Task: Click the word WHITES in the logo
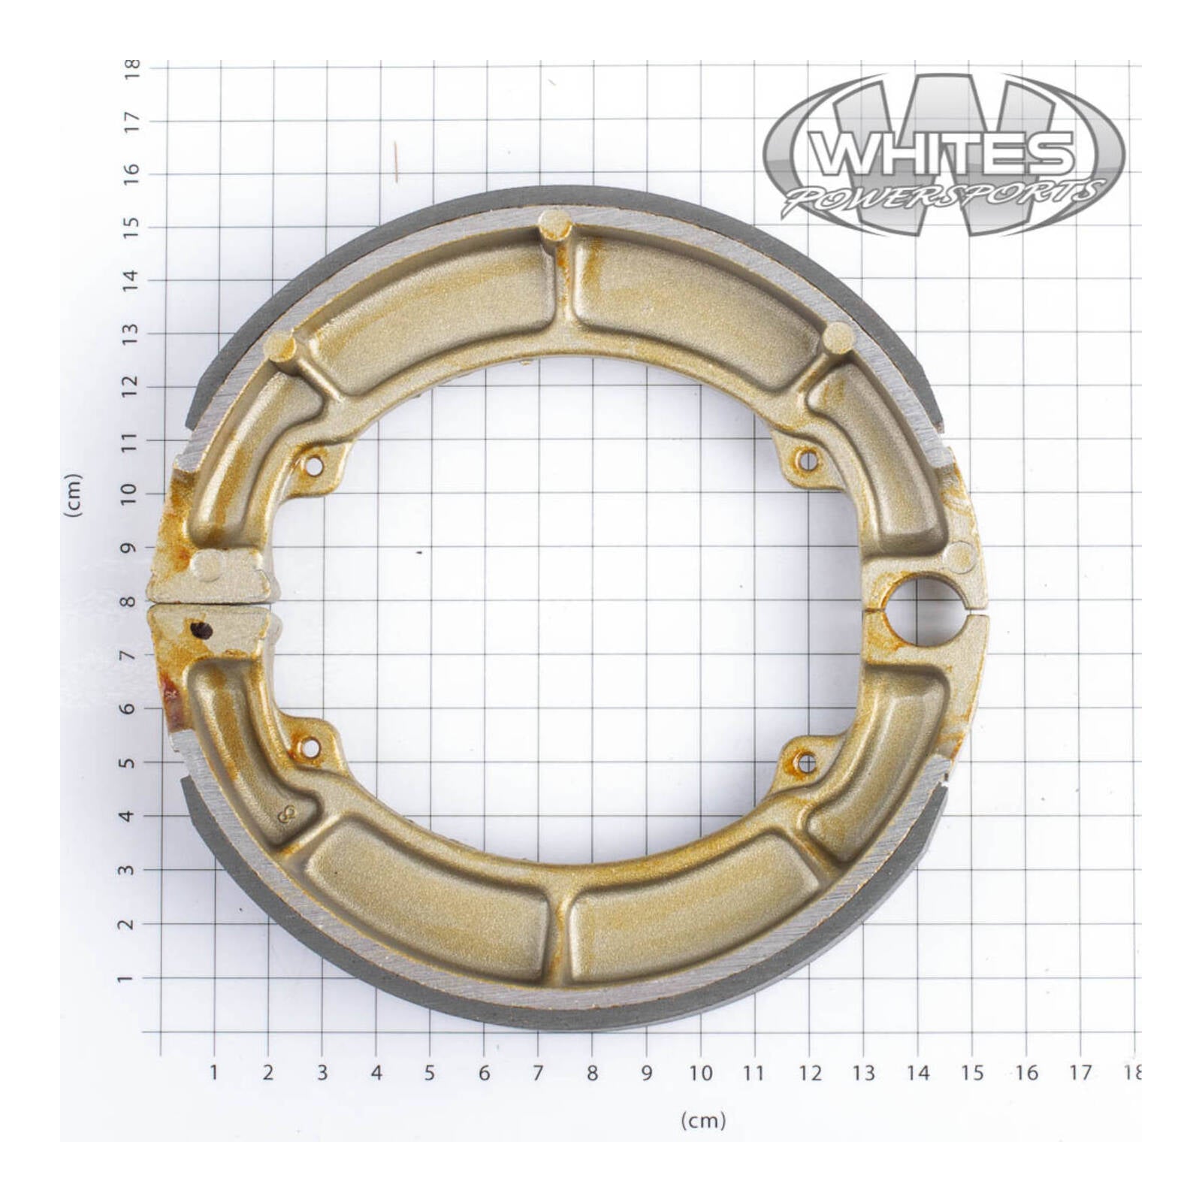point(944,153)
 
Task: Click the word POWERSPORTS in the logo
point(944,196)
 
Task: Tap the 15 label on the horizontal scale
point(972,1073)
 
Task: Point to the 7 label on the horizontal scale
point(538,1073)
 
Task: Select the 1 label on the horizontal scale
point(214,1073)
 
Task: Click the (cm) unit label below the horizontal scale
point(703,1121)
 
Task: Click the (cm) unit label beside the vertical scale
point(73,495)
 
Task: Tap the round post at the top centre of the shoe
point(555,223)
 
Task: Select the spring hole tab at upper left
point(314,467)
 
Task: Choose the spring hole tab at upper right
point(807,459)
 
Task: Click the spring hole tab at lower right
point(806,763)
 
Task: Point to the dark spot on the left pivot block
point(200,630)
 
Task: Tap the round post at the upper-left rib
point(282,346)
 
